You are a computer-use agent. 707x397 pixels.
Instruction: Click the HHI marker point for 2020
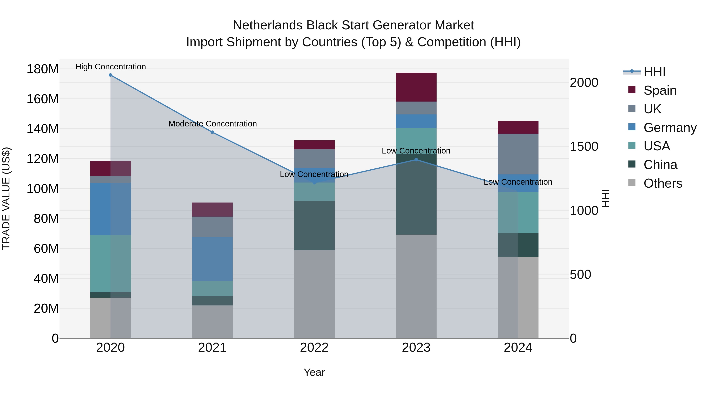[x=110, y=75]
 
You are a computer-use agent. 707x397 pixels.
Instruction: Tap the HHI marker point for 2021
[x=212, y=132]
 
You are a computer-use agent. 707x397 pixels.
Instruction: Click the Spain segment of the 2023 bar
[x=416, y=87]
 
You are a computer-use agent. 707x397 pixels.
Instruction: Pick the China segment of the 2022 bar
[x=314, y=225]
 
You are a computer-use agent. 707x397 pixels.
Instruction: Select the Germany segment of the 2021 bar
[x=212, y=259]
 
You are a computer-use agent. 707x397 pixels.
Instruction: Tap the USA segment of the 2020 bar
[x=110, y=263]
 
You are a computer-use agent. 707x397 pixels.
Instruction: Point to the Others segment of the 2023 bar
[x=416, y=286]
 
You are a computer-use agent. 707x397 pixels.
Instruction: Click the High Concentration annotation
[x=111, y=67]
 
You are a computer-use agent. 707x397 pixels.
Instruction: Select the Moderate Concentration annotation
[x=212, y=124]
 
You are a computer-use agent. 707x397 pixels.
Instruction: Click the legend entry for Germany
[x=670, y=128]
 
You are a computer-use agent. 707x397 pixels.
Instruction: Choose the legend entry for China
[x=660, y=165]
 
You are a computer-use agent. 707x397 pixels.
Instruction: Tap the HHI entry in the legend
[x=654, y=72]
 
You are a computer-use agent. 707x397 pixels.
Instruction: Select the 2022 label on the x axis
[x=314, y=348]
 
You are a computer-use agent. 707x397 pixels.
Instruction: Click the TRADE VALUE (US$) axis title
[x=6, y=198]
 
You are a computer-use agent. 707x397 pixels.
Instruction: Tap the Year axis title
[x=314, y=372]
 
